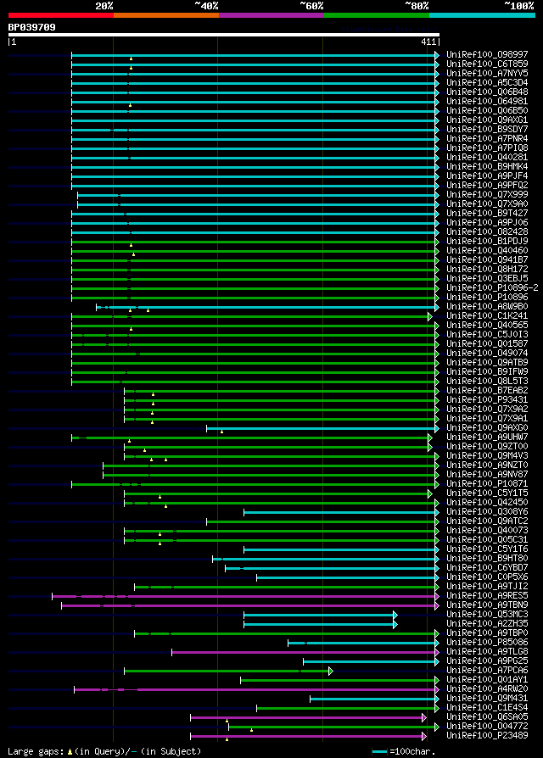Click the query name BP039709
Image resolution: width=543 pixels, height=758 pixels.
[x=32, y=27]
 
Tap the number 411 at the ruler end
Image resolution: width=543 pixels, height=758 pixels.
[x=428, y=41]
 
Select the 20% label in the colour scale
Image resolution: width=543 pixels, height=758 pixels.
[x=104, y=6]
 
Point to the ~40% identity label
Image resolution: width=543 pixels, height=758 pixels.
[x=206, y=6]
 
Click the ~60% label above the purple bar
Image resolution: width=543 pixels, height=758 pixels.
[x=311, y=6]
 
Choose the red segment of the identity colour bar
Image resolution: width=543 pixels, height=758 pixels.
[x=60, y=15]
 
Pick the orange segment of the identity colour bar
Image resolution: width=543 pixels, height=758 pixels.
[x=165, y=15]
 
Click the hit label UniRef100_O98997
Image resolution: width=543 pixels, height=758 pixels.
[x=487, y=55]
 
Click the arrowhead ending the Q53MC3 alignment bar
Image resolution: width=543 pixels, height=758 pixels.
[x=395, y=615]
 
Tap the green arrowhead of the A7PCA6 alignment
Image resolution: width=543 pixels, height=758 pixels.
[x=331, y=671]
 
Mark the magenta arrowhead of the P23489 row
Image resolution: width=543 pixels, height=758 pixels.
[x=423, y=736]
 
